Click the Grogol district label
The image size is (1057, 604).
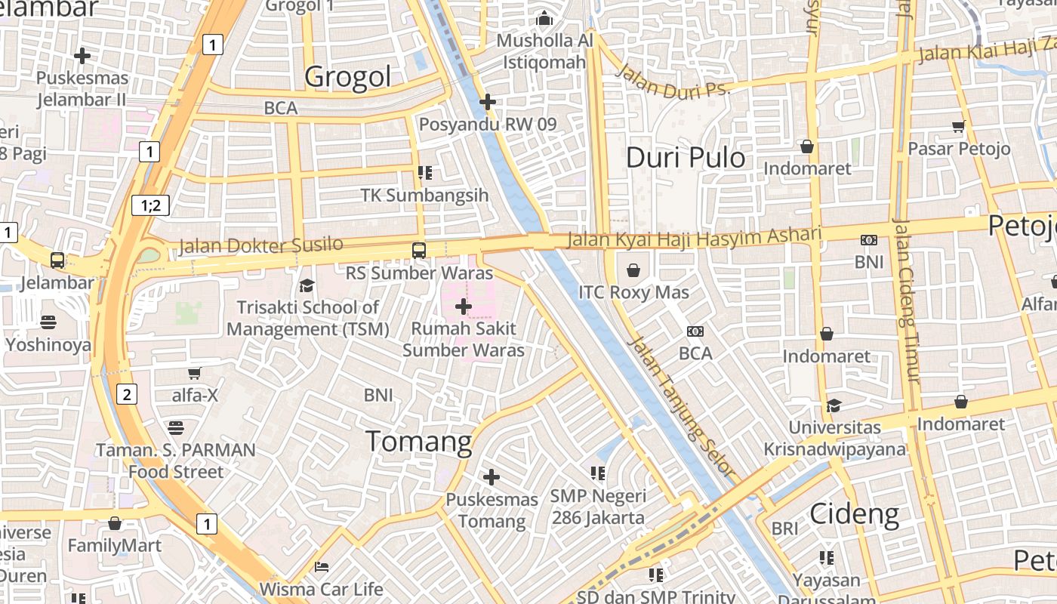pos(348,76)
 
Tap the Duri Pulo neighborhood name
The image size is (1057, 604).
pos(686,158)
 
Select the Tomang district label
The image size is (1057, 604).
pos(419,442)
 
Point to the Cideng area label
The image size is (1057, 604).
pos(854,515)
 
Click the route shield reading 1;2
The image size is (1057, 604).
pos(151,205)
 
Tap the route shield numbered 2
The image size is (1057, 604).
pos(127,393)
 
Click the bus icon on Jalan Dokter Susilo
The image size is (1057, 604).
pos(418,250)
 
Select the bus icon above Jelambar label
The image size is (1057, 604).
pos(57,260)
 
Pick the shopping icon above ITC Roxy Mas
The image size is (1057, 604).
pos(633,270)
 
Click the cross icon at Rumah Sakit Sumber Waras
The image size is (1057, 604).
pos(464,307)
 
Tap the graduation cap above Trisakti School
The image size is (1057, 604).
pos(307,285)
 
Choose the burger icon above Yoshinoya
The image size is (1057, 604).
pos(48,322)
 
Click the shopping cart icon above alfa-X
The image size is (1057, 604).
pos(194,372)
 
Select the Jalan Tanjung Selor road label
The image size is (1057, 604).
pos(684,406)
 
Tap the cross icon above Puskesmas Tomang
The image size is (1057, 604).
pos(492,477)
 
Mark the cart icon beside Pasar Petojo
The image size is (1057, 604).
pos(959,126)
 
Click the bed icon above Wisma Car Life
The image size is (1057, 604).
pos(322,566)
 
